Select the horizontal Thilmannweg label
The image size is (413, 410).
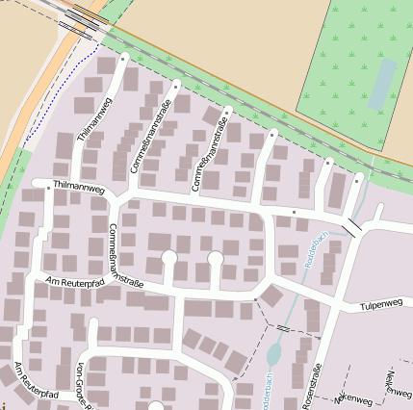click(x=79, y=189)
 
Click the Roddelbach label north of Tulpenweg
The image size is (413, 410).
click(x=310, y=248)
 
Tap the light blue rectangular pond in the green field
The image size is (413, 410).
click(x=382, y=84)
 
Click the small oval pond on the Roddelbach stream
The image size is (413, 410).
click(x=273, y=354)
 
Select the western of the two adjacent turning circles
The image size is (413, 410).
click(x=169, y=258)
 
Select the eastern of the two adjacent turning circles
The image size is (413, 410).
click(x=216, y=258)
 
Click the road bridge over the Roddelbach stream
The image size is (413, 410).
click(x=352, y=227)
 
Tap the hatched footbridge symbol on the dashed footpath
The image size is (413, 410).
click(x=282, y=329)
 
